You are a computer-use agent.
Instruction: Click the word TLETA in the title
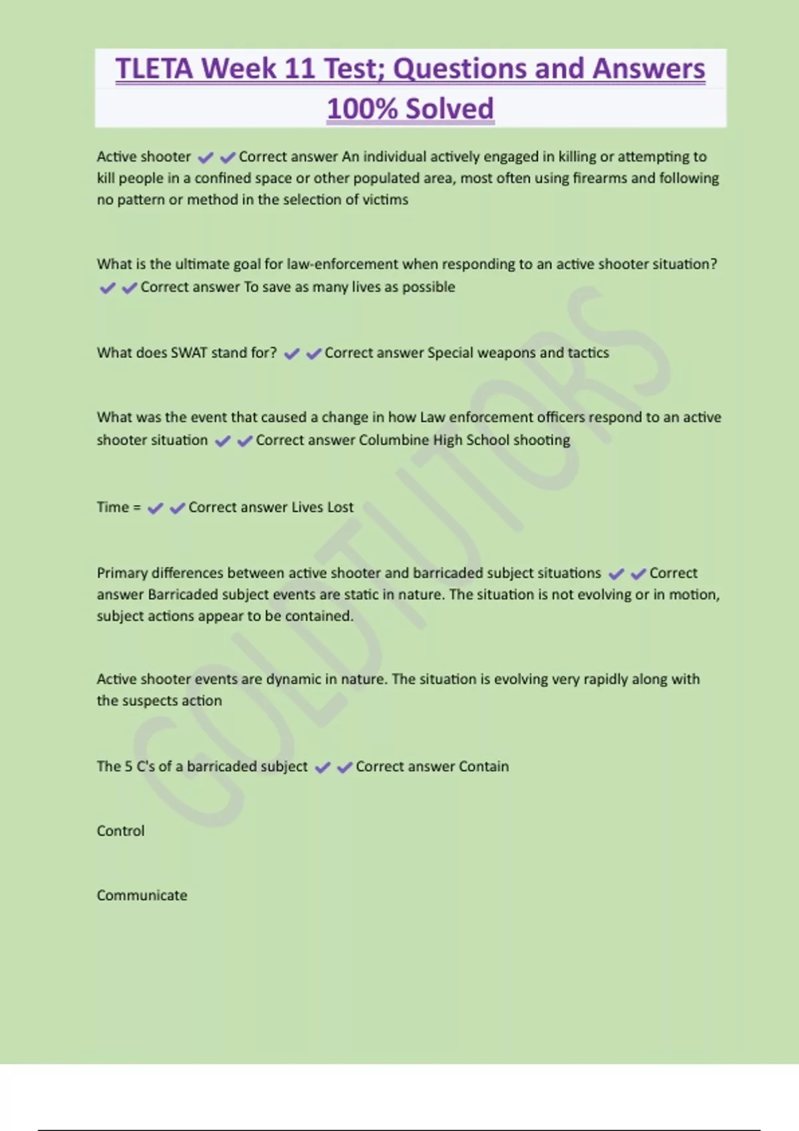point(154,69)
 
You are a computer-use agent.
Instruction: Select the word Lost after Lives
point(340,507)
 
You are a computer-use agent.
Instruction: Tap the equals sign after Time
point(136,508)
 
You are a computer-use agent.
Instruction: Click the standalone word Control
point(121,831)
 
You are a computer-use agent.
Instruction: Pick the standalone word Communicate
point(142,895)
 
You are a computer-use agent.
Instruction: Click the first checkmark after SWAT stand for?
point(291,354)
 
